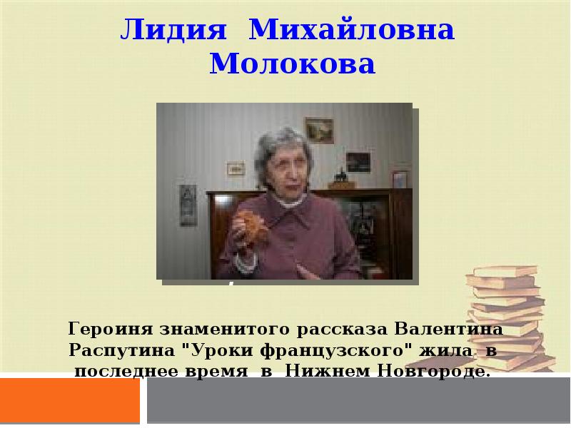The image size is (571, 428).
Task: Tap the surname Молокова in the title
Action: [293, 66]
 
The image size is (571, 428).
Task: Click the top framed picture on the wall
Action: [318, 128]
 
